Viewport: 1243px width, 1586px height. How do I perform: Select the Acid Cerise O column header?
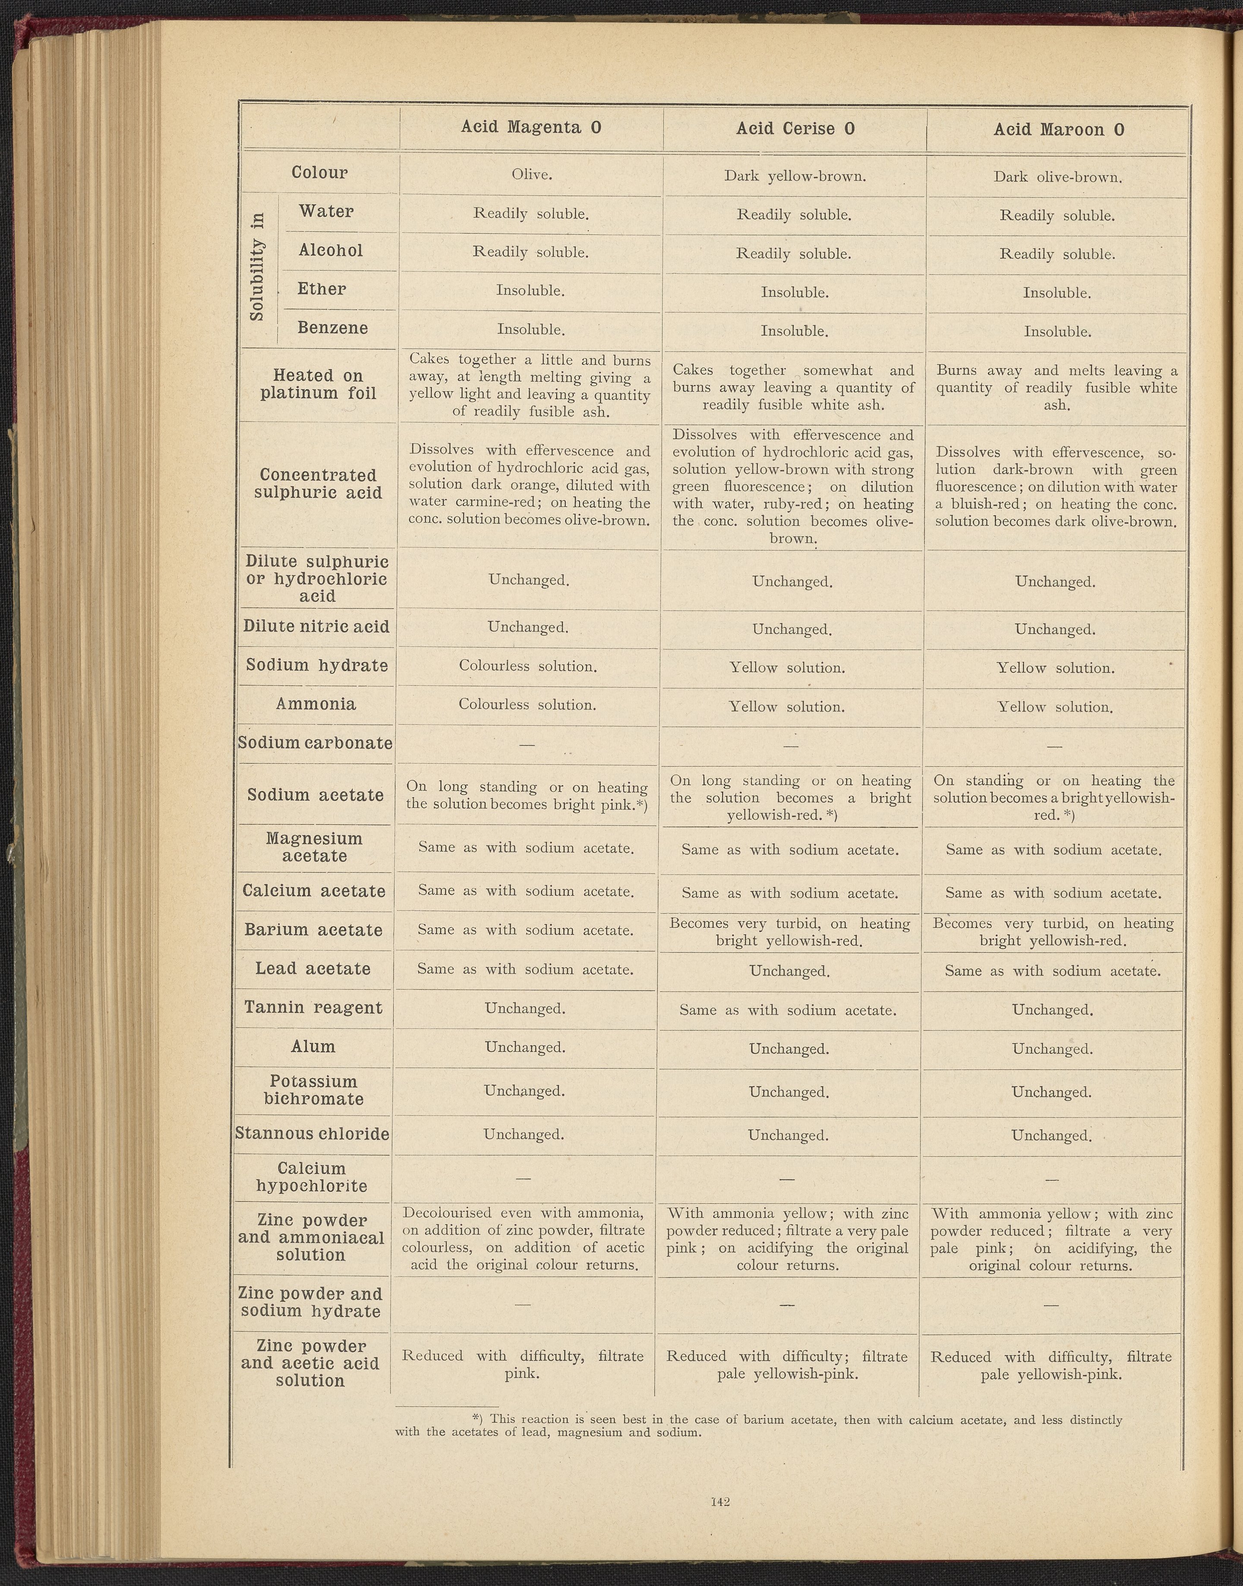(795, 129)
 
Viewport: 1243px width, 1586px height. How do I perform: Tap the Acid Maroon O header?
(1058, 129)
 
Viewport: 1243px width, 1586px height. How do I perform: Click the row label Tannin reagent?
(313, 1008)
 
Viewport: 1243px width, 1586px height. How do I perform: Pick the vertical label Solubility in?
(257, 266)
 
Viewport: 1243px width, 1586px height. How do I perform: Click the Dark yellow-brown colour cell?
(795, 176)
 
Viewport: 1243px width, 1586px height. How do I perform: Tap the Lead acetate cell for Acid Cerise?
(790, 971)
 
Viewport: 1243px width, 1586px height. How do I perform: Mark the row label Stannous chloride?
(312, 1133)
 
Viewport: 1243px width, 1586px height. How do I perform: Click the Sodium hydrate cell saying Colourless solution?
(527, 665)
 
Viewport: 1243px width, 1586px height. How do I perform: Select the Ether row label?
(322, 289)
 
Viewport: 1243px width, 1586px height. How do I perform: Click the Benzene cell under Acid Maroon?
(1057, 332)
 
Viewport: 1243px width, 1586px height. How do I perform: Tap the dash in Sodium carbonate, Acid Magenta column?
(527, 744)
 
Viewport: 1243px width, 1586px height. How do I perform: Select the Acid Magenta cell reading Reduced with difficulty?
(523, 1365)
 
